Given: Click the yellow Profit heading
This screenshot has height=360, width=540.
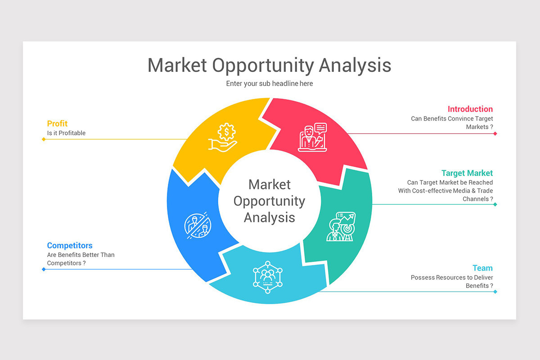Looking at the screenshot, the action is pos(57,123).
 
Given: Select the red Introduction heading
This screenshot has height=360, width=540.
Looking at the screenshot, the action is pos(470,109).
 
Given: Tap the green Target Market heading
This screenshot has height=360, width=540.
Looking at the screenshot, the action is pos(467,173).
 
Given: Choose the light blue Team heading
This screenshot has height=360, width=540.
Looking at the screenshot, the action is pos(482,268).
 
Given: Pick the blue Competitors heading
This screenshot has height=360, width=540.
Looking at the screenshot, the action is pos(70,245).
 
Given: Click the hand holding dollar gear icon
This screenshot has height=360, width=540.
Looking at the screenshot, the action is pos(223,137).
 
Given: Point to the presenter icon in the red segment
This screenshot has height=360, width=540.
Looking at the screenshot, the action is pos(312,137).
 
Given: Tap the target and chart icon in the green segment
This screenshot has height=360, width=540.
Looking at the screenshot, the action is pos(341,226).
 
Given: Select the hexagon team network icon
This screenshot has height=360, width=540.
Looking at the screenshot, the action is pos(268,277).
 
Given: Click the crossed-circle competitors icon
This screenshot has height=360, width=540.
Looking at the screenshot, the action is pos(198,225).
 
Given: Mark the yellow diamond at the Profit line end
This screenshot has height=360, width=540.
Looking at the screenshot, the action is pos(44,139).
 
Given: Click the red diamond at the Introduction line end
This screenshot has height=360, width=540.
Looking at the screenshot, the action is pos(495,134).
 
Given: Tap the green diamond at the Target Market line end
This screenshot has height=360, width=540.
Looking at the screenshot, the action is pos(495,204).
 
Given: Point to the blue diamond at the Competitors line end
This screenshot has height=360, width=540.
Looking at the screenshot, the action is pos(44,269).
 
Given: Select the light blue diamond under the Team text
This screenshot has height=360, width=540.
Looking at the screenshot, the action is pos(495,292).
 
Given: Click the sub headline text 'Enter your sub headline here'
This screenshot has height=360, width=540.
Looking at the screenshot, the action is pos(270,83).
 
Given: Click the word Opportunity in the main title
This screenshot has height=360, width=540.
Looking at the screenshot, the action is pos(263,66).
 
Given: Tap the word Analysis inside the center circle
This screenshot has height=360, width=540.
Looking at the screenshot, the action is pos(270,217).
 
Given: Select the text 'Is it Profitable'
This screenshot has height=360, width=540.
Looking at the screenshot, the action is pos(66,133).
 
